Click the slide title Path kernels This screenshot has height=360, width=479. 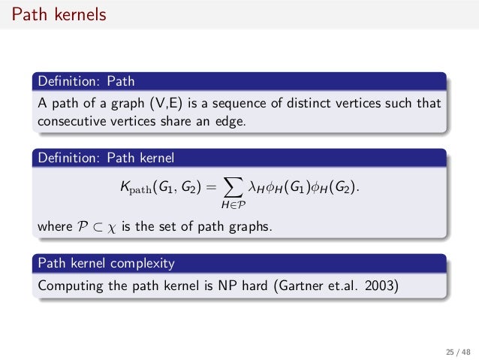pos(53,14)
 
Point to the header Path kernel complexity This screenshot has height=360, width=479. pos(106,264)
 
